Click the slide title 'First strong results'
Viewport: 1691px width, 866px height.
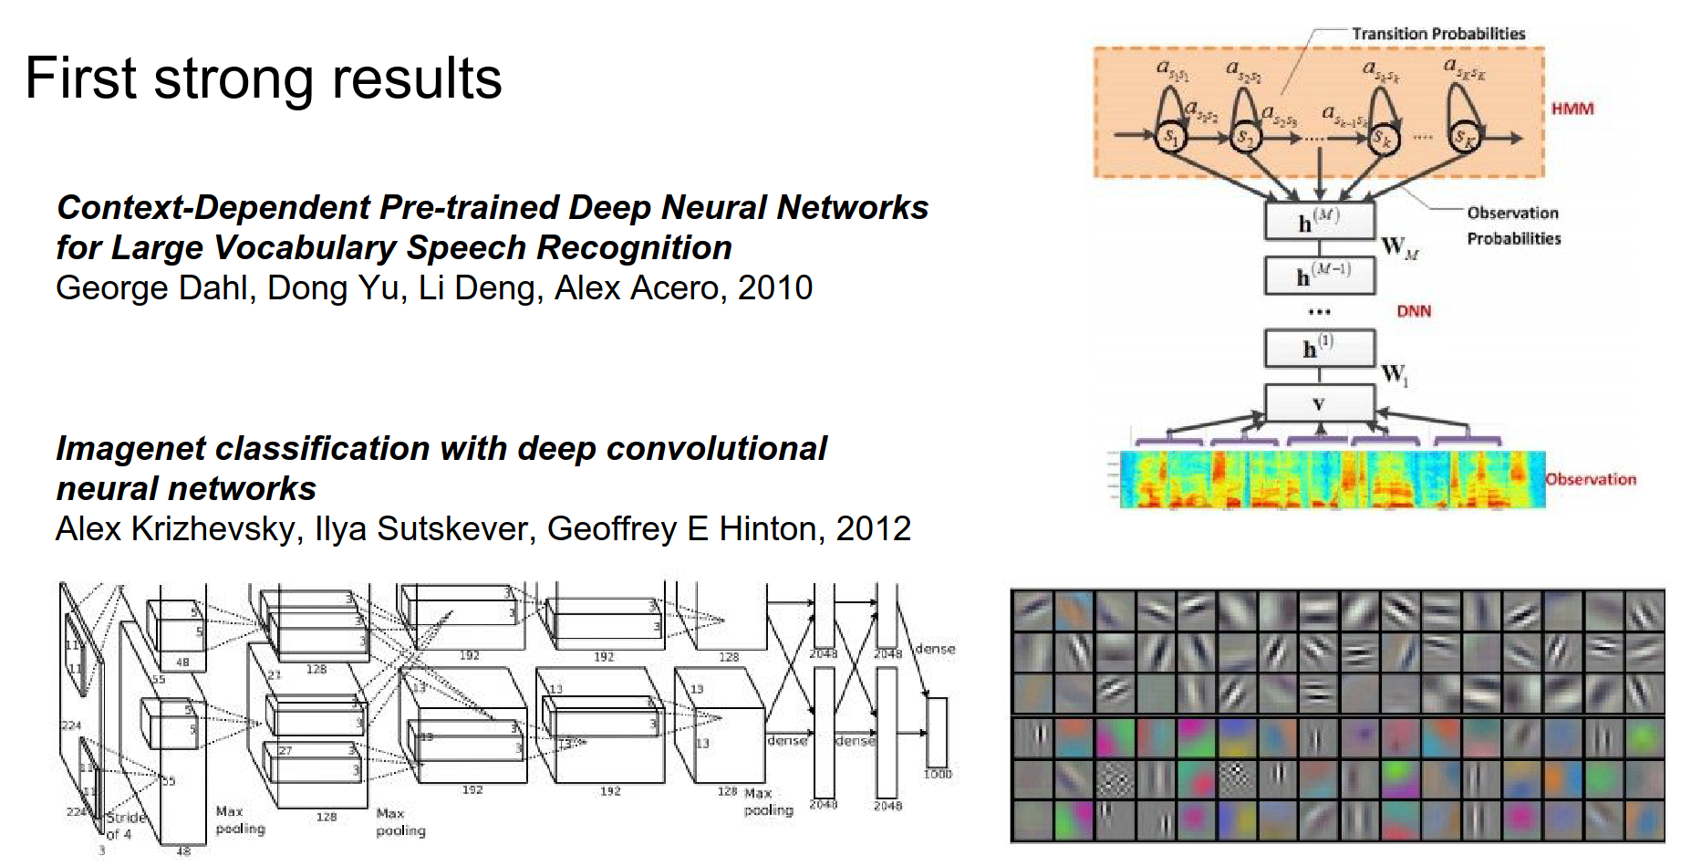click(263, 78)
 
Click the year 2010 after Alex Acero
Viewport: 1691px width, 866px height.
click(774, 288)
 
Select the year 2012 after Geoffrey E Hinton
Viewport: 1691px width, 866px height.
click(873, 529)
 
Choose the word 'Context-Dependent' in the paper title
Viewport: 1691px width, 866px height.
click(213, 208)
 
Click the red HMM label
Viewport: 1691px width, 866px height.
click(1572, 109)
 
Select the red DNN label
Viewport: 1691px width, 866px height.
click(1414, 311)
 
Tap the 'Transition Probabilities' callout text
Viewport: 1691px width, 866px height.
click(1437, 34)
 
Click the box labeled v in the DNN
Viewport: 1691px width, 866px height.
click(1319, 403)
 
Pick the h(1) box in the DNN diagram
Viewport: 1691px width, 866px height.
click(1319, 348)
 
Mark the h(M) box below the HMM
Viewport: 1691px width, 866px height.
click(1319, 221)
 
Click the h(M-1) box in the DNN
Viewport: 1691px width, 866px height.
click(1319, 276)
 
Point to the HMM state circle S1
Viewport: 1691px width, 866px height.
click(1169, 138)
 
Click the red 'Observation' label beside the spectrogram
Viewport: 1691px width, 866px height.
click(1591, 479)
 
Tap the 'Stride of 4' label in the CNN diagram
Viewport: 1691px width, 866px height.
click(125, 825)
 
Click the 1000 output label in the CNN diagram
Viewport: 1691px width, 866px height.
click(938, 774)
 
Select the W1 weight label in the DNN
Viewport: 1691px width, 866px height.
click(1394, 374)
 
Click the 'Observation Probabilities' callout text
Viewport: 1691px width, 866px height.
click(1513, 225)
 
